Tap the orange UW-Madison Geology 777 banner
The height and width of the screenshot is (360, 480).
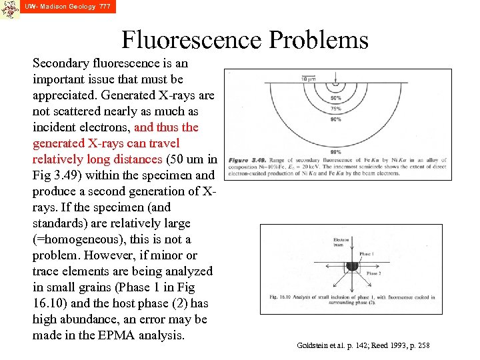click(67, 7)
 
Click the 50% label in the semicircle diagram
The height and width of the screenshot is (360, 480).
click(336, 98)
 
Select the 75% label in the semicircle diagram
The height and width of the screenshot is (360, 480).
click(336, 109)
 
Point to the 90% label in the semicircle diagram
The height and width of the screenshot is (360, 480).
click(336, 119)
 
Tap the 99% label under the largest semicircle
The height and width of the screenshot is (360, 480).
click(336, 153)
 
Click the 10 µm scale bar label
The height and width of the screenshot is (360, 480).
click(308, 79)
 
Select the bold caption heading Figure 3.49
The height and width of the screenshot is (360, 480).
click(244, 161)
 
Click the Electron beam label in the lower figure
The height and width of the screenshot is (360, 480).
click(341, 241)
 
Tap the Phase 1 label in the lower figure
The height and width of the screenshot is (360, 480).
click(367, 254)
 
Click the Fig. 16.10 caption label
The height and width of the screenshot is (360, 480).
click(276, 297)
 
